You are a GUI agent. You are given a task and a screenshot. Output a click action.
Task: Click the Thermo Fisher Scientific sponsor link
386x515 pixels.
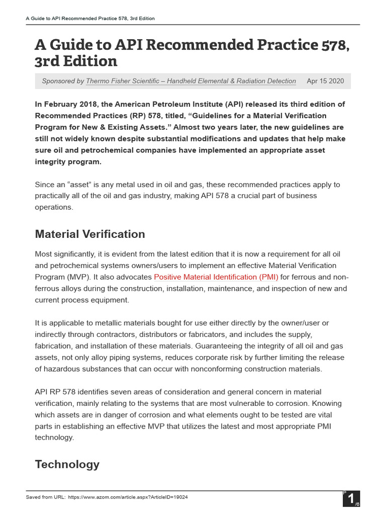[191, 81]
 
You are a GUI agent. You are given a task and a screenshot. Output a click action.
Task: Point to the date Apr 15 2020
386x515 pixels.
[325, 81]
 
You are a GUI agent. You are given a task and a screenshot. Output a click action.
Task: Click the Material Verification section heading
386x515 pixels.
[90, 234]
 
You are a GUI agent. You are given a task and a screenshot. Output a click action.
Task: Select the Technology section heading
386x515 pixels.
[67, 464]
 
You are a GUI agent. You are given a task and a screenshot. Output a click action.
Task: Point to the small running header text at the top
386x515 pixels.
[90, 19]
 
